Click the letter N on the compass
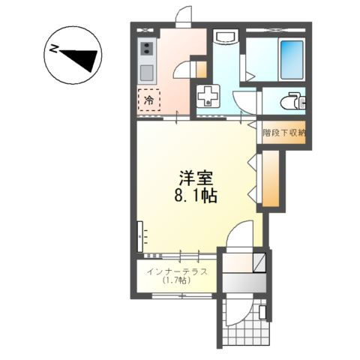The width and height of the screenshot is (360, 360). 53,49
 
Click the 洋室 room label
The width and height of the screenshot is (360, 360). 196,178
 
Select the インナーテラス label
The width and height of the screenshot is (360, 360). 177,271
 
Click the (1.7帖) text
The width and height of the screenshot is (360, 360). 177,280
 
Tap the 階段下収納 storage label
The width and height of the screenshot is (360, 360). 284,133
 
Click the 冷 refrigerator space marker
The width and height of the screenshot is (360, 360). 149,100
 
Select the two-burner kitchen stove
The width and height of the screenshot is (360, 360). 147,48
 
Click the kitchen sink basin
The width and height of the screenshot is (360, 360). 147,73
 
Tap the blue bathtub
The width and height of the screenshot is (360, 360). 292,60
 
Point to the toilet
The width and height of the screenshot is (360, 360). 293,101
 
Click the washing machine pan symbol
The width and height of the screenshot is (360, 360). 208,96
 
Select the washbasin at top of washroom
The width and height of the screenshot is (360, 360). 225,37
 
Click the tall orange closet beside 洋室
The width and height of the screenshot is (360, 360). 271,178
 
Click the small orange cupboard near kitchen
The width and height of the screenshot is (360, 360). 201,69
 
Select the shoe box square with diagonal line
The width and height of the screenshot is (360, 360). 259,262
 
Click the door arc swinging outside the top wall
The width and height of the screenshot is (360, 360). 183,14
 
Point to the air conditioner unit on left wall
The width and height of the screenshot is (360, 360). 140,236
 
